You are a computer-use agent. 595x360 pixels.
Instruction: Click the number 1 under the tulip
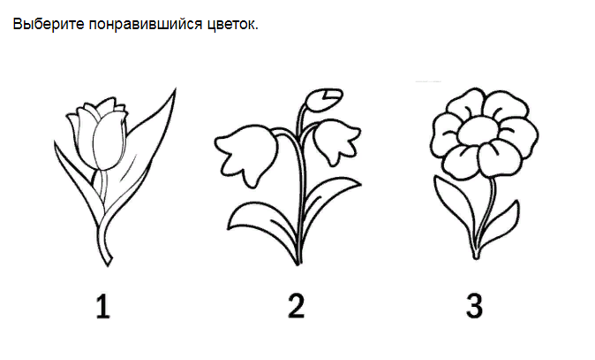104,305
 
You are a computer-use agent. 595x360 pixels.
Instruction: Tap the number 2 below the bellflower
297,305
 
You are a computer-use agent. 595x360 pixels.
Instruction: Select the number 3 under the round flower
475,305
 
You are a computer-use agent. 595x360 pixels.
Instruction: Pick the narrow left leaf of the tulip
72,164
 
